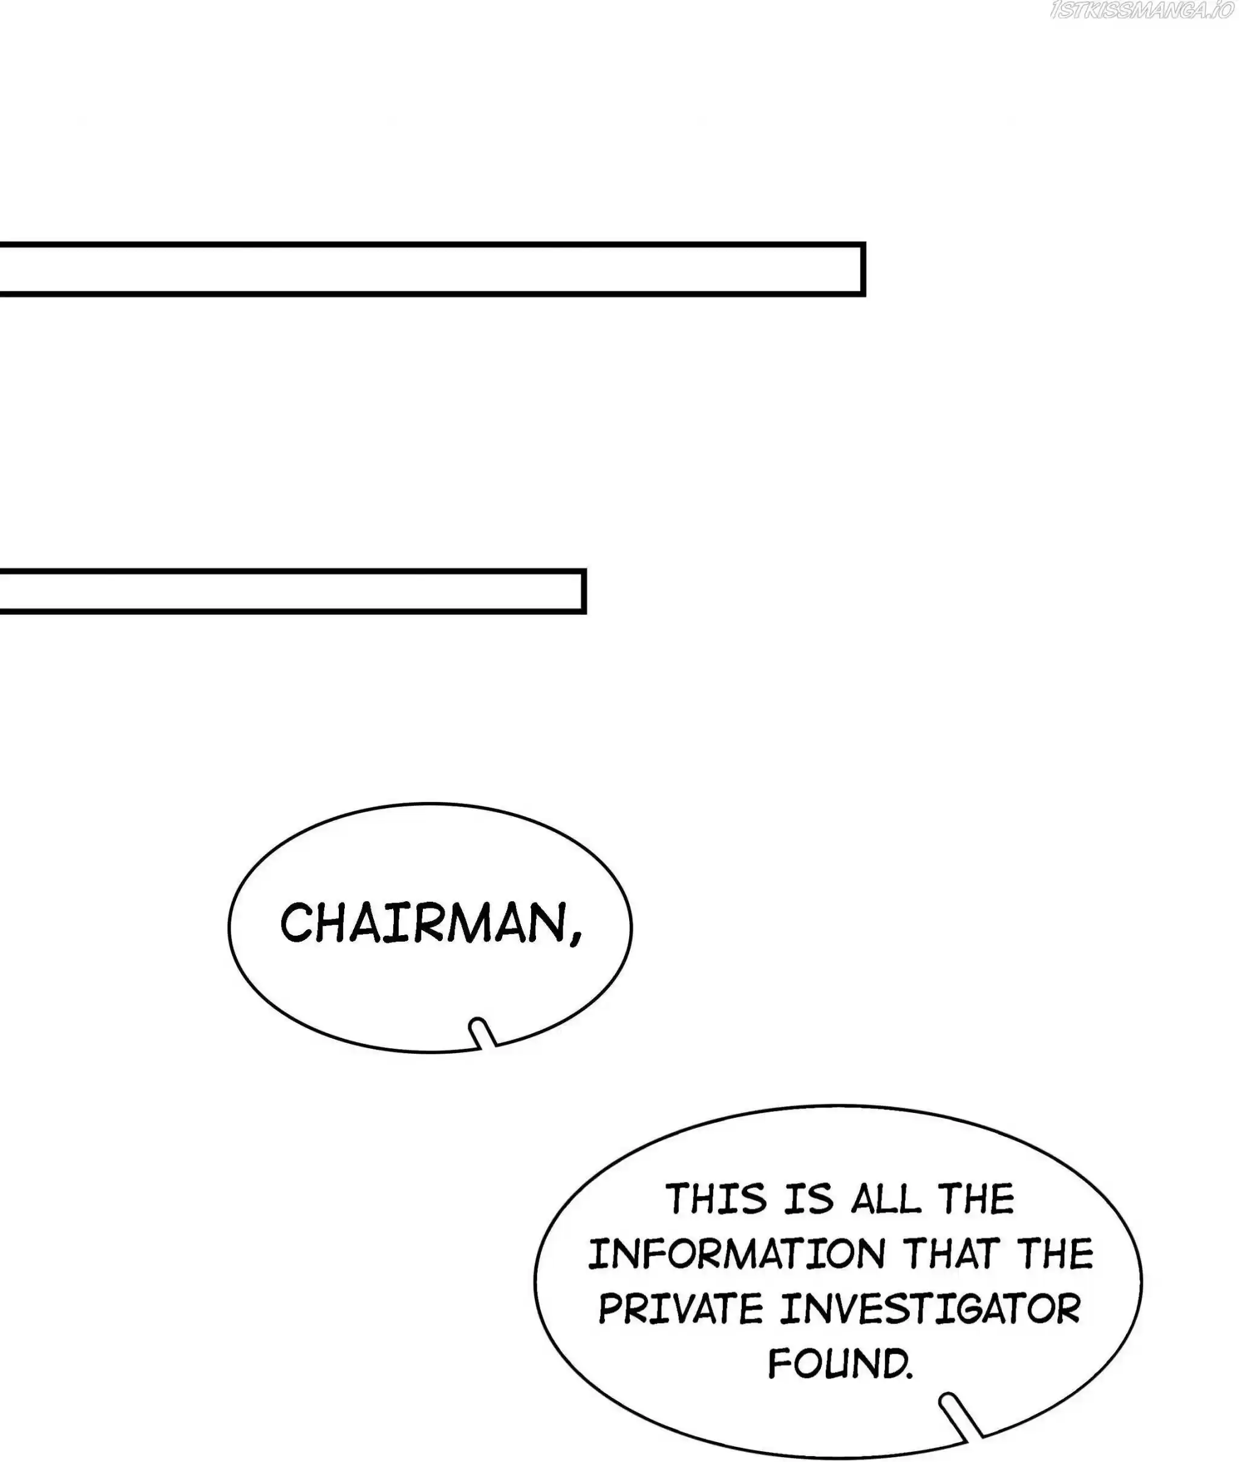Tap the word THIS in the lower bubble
[716, 1199]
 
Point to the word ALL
[885, 1199]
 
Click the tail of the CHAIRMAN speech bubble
[483, 1033]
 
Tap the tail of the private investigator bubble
[960, 1412]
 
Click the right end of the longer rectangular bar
[863, 269]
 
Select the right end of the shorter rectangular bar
[584, 591]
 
